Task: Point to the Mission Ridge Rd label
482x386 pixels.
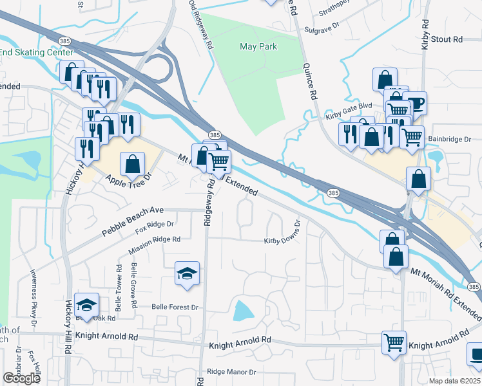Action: pyautogui.click(x=154, y=239)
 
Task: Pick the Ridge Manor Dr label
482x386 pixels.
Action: pyautogui.click(x=231, y=372)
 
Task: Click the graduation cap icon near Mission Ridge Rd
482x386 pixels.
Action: pyautogui.click(x=187, y=273)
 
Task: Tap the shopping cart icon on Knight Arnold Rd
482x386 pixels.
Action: pyautogui.click(x=394, y=342)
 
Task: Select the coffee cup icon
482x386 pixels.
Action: pyautogui.click(x=415, y=103)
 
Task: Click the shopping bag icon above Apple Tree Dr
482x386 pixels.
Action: pyautogui.click(x=133, y=164)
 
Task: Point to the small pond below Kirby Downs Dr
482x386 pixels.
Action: pyautogui.click(x=242, y=311)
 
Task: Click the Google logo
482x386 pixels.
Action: pyautogui.click(x=22, y=378)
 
